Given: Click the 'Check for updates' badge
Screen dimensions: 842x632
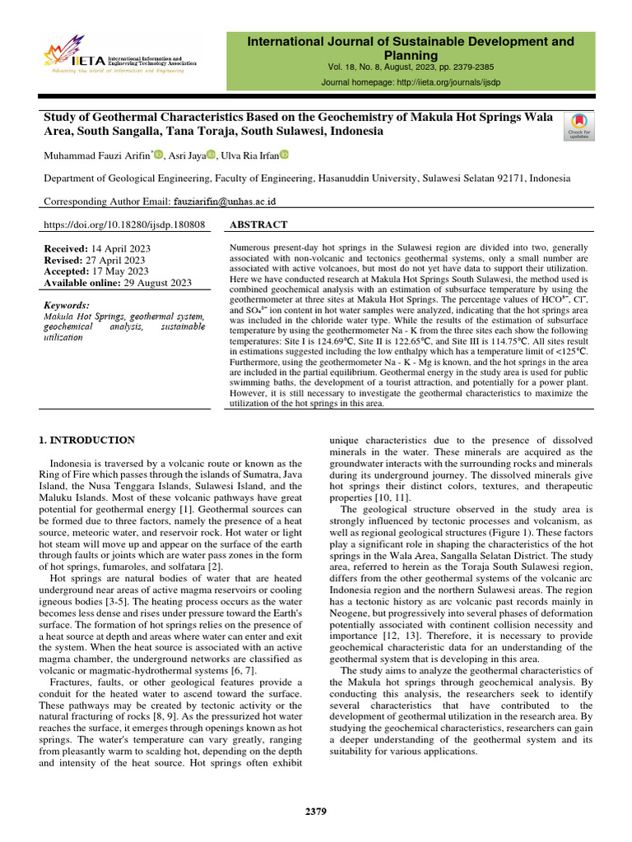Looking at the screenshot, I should pyautogui.click(x=578, y=125).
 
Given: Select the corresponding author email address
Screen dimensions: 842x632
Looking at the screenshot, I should pyautogui.click(x=224, y=201).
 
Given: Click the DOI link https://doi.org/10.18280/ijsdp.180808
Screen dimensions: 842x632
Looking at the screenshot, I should pyautogui.click(x=123, y=224).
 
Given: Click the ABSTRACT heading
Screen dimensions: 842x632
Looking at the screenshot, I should pyautogui.click(x=258, y=224).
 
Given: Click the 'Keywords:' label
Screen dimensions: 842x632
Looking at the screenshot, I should pyautogui.click(x=69, y=305).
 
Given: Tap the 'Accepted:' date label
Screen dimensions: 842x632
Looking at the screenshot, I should pyautogui.click(x=66, y=271).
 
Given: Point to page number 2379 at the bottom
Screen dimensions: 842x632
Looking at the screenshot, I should pyautogui.click(x=316, y=812).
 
